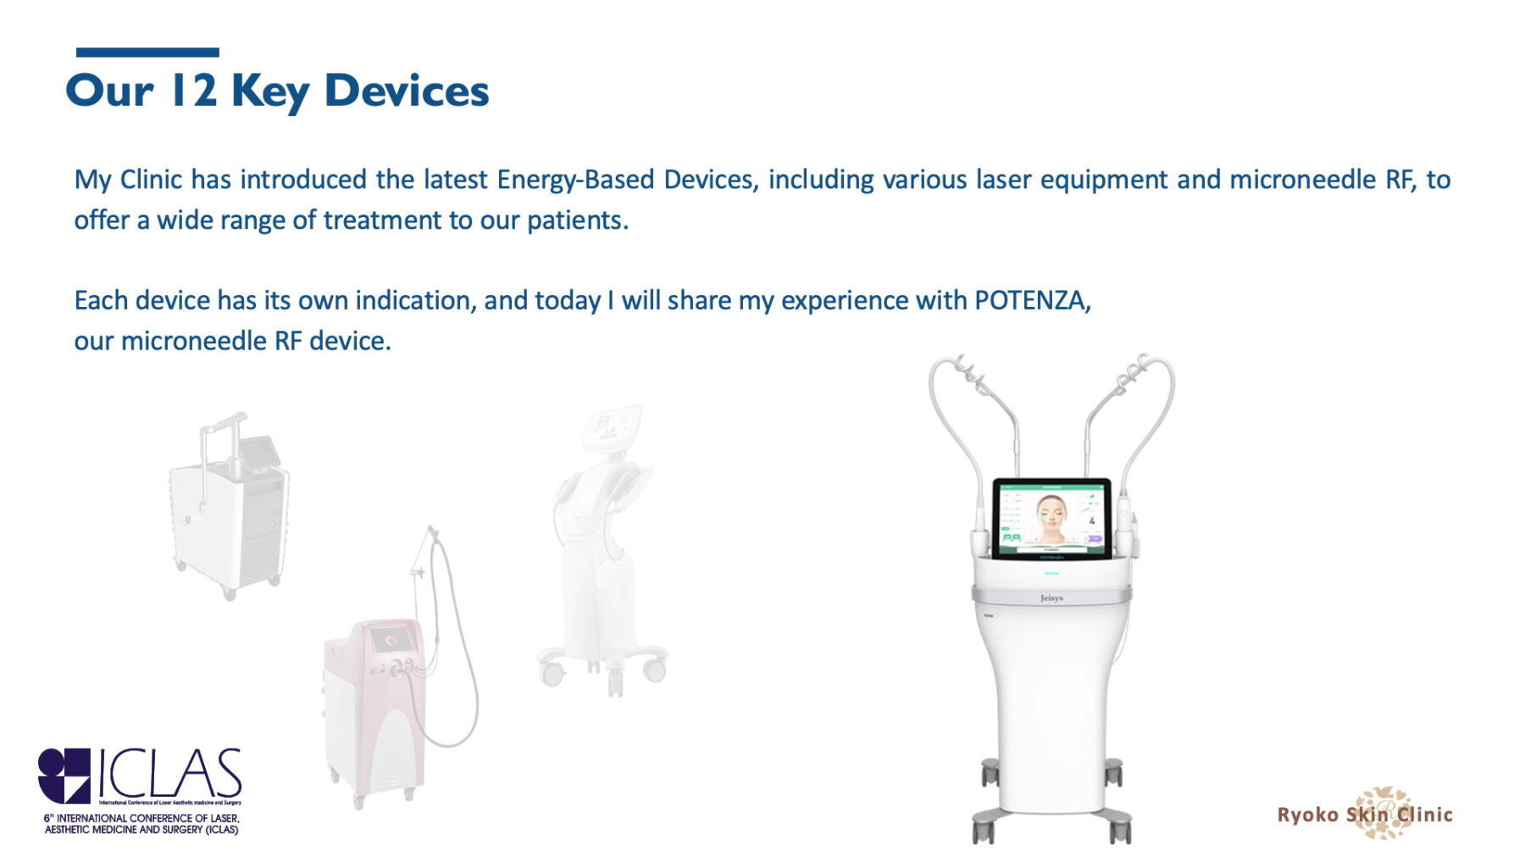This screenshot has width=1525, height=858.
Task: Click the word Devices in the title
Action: click(x=406, y=91)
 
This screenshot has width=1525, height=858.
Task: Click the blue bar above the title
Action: click(x=147, y=53)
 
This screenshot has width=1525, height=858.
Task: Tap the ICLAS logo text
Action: click(x=170, y=773)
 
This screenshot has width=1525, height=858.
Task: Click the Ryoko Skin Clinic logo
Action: click(x=1365, y=814)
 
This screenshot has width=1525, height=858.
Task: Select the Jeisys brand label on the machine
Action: click(x=1051, y=599)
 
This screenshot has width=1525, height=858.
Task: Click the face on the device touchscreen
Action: click(x=1051, y=520)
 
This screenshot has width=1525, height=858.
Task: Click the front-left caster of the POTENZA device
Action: click(x=982, y=827)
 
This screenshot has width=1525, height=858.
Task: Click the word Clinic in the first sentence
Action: click(x=151, y=180)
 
